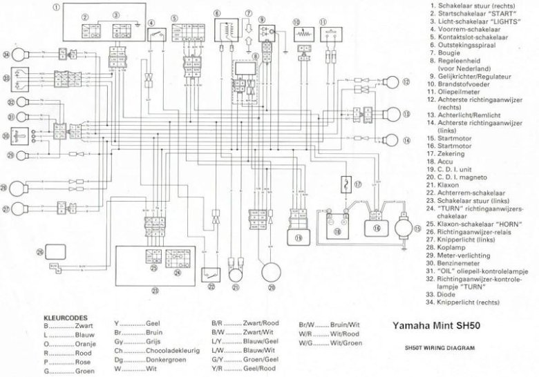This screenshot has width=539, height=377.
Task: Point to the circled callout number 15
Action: point(417,228)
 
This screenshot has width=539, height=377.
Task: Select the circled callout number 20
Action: point(272,287)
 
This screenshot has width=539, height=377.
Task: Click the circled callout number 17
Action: point(358,185)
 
